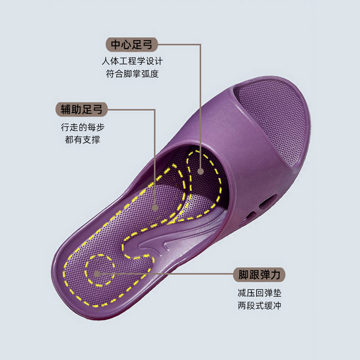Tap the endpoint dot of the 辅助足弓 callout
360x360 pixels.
click(154, 208)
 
